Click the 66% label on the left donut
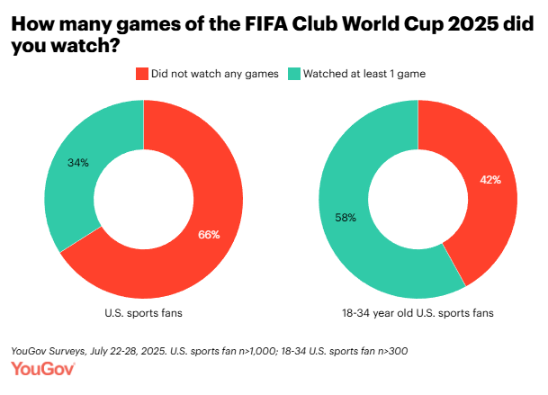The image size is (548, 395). [209, 235]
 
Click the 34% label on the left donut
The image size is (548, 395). [78, 164]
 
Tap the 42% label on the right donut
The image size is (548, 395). [490, 179]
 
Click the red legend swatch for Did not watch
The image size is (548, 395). [140, 74]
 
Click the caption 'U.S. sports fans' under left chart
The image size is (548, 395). [144, 314]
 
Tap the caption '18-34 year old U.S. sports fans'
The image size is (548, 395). [418, 314]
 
